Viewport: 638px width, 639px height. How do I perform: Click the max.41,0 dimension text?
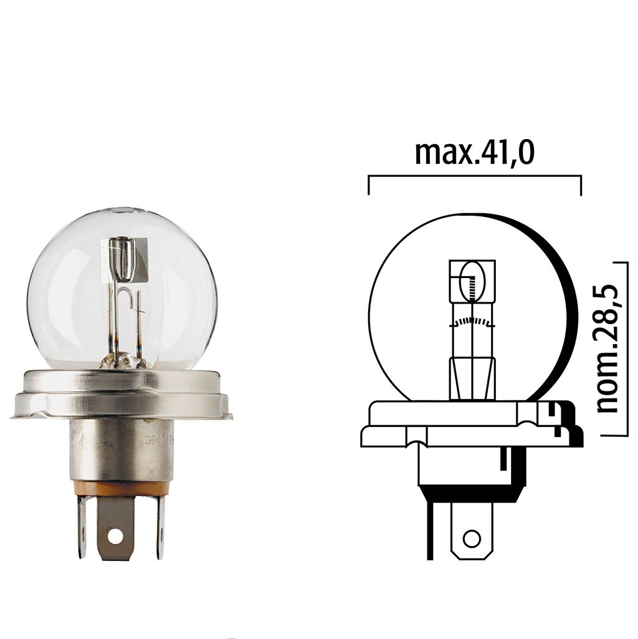pyautogui.click(x=474, y=153)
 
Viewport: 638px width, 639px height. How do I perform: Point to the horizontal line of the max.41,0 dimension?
pyautogui.click(x=474, y=177)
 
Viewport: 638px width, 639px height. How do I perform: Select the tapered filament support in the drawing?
pyautogui.click(x=472, y=378)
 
